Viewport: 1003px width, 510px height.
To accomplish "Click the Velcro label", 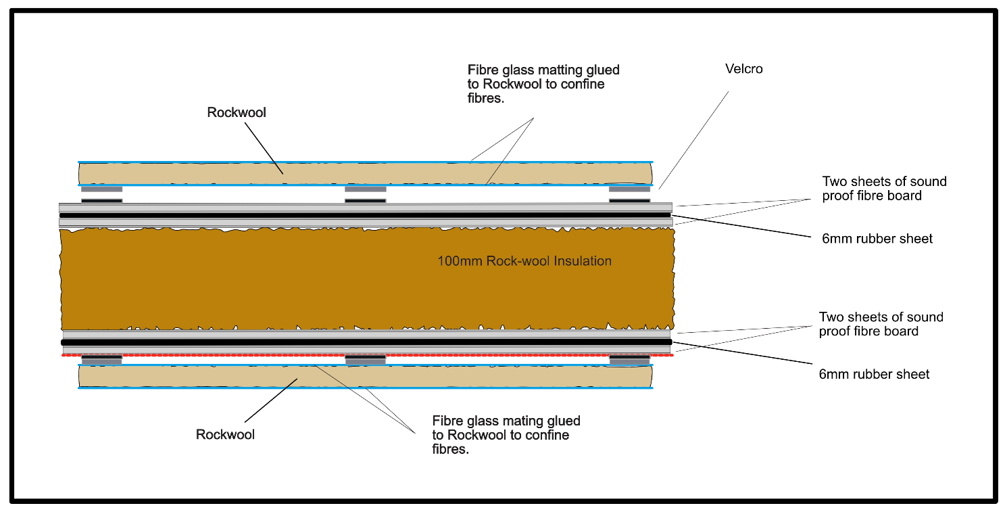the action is point(743,69).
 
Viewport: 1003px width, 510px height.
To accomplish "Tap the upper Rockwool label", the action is point(237,112).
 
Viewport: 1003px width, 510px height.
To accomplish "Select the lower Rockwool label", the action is point(225,434).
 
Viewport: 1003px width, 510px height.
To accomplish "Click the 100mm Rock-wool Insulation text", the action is point(524,261).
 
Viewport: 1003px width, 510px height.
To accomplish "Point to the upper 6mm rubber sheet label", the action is point(877,238).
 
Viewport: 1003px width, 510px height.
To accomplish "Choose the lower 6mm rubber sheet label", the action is point(874,374).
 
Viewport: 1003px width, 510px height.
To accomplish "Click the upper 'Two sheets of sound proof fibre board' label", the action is point(884,188).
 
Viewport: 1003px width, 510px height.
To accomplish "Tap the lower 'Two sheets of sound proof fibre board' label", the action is point(881,324).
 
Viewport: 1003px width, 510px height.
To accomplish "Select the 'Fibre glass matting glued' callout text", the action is point(543,84).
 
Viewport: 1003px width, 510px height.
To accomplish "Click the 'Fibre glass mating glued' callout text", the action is point(506,435).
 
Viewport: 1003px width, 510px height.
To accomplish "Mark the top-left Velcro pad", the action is point(101,195).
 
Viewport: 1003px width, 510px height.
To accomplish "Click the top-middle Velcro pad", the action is point(366,195).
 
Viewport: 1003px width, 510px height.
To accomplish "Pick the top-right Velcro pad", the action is point(629,195).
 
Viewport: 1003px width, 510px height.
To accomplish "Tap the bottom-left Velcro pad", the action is point(101,359).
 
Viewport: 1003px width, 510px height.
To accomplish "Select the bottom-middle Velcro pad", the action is point(366,359).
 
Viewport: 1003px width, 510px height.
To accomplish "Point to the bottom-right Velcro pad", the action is point(629,359).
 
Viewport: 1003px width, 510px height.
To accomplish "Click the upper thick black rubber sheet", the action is point(366,216).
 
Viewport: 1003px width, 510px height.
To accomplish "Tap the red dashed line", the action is point(367,355).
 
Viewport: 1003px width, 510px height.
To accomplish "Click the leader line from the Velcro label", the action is point(693,140).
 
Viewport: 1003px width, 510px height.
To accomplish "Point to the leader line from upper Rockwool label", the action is point(264,148).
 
